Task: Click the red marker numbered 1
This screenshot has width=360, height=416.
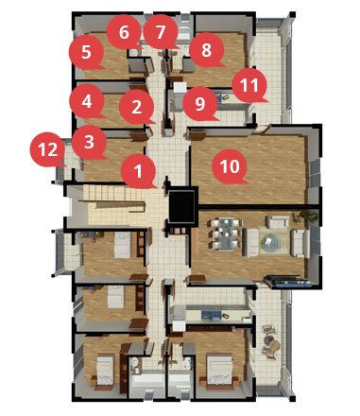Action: [139, 171]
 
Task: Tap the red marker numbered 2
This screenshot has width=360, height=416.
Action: [137, 107]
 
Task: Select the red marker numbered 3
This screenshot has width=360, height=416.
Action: [90, 142]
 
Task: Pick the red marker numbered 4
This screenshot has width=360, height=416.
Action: [87, 101]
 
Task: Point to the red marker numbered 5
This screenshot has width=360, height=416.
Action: [86, 52]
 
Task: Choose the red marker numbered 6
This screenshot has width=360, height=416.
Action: [124, 32]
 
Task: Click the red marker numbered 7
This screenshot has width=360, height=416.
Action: [161, 32]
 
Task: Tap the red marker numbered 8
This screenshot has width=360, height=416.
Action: [207, 49]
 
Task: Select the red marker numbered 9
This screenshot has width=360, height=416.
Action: [200, 104]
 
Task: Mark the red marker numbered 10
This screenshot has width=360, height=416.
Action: [230, 166]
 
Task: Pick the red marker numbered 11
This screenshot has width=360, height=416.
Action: [249, 85]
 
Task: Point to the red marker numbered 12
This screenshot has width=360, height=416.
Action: [48, 149]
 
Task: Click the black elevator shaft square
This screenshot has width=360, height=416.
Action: [181, 206]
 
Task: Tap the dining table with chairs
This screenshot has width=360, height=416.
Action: [226, 234]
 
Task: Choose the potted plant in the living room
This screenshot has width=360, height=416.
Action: [305, 217]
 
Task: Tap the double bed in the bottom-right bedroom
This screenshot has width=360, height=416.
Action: [219, 370]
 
